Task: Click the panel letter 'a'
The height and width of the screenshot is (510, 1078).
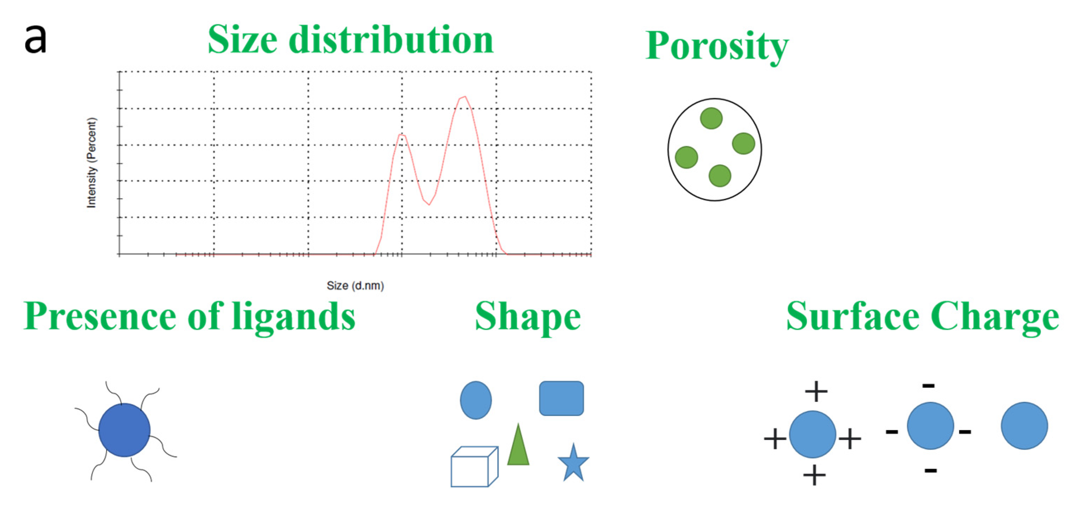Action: [x=35, y=40]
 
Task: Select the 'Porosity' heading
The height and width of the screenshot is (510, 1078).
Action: [x=717, y=46]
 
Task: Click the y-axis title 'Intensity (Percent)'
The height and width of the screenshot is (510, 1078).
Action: [x=91, y=163]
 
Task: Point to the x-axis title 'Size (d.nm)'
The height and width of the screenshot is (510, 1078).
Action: [x=355, y=285]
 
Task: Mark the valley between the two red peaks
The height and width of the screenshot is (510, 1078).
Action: [x=429, y=204]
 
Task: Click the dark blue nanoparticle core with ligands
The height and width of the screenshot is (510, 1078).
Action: [x=124, y=430]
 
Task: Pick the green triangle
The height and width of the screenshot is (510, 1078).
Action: [x=518, y=449]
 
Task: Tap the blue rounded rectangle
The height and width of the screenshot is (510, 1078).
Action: [x=561, y=398]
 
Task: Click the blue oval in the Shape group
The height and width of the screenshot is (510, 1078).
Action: [x=476, y=400]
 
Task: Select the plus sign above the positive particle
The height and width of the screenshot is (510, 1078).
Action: [x=816, y=392]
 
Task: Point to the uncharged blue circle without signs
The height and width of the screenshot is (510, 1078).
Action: [x=1024, y=426]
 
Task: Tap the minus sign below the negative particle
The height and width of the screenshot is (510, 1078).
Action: [x=930, y=471]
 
